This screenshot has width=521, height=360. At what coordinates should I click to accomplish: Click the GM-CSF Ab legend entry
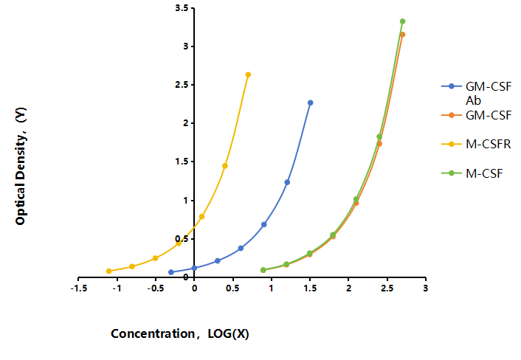tap(477, 94)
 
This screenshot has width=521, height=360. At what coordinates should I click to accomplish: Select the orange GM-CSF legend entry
tap(477, 115)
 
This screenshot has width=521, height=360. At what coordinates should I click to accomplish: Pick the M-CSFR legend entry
tap(476, 144)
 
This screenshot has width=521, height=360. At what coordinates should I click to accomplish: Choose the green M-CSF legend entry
tap(472, 173)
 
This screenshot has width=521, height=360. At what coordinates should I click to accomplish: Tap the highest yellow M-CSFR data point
tap(248, 75)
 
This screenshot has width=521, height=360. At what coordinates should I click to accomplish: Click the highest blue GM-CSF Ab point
tap(311, 103)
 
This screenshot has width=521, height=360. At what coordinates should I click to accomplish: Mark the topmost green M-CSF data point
tap(402, 21)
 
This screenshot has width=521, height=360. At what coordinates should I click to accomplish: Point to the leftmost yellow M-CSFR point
tap(109, 271)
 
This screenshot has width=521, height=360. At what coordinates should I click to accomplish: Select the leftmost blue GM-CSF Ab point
tap(171, 272)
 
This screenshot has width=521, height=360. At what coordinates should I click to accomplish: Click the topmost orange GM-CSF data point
tap(403, 35)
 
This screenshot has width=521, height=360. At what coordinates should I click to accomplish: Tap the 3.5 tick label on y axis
tap(182, 7)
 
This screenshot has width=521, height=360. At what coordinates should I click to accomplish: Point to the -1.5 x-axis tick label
tap(79, 288)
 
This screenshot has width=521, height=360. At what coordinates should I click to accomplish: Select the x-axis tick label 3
tap(426, 288)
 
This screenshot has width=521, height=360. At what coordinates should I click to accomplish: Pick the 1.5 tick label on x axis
tap(310, 288)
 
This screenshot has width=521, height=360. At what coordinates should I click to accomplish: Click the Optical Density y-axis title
tap(21, 166)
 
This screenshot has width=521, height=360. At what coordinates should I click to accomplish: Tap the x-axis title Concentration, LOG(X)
tap(180, 333)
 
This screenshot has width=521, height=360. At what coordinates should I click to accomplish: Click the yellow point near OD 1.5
tap(225, 166)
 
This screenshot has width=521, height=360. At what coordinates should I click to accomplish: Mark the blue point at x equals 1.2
tap(287, 182)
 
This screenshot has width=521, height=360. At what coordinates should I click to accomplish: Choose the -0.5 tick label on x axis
tap(156, 288)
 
